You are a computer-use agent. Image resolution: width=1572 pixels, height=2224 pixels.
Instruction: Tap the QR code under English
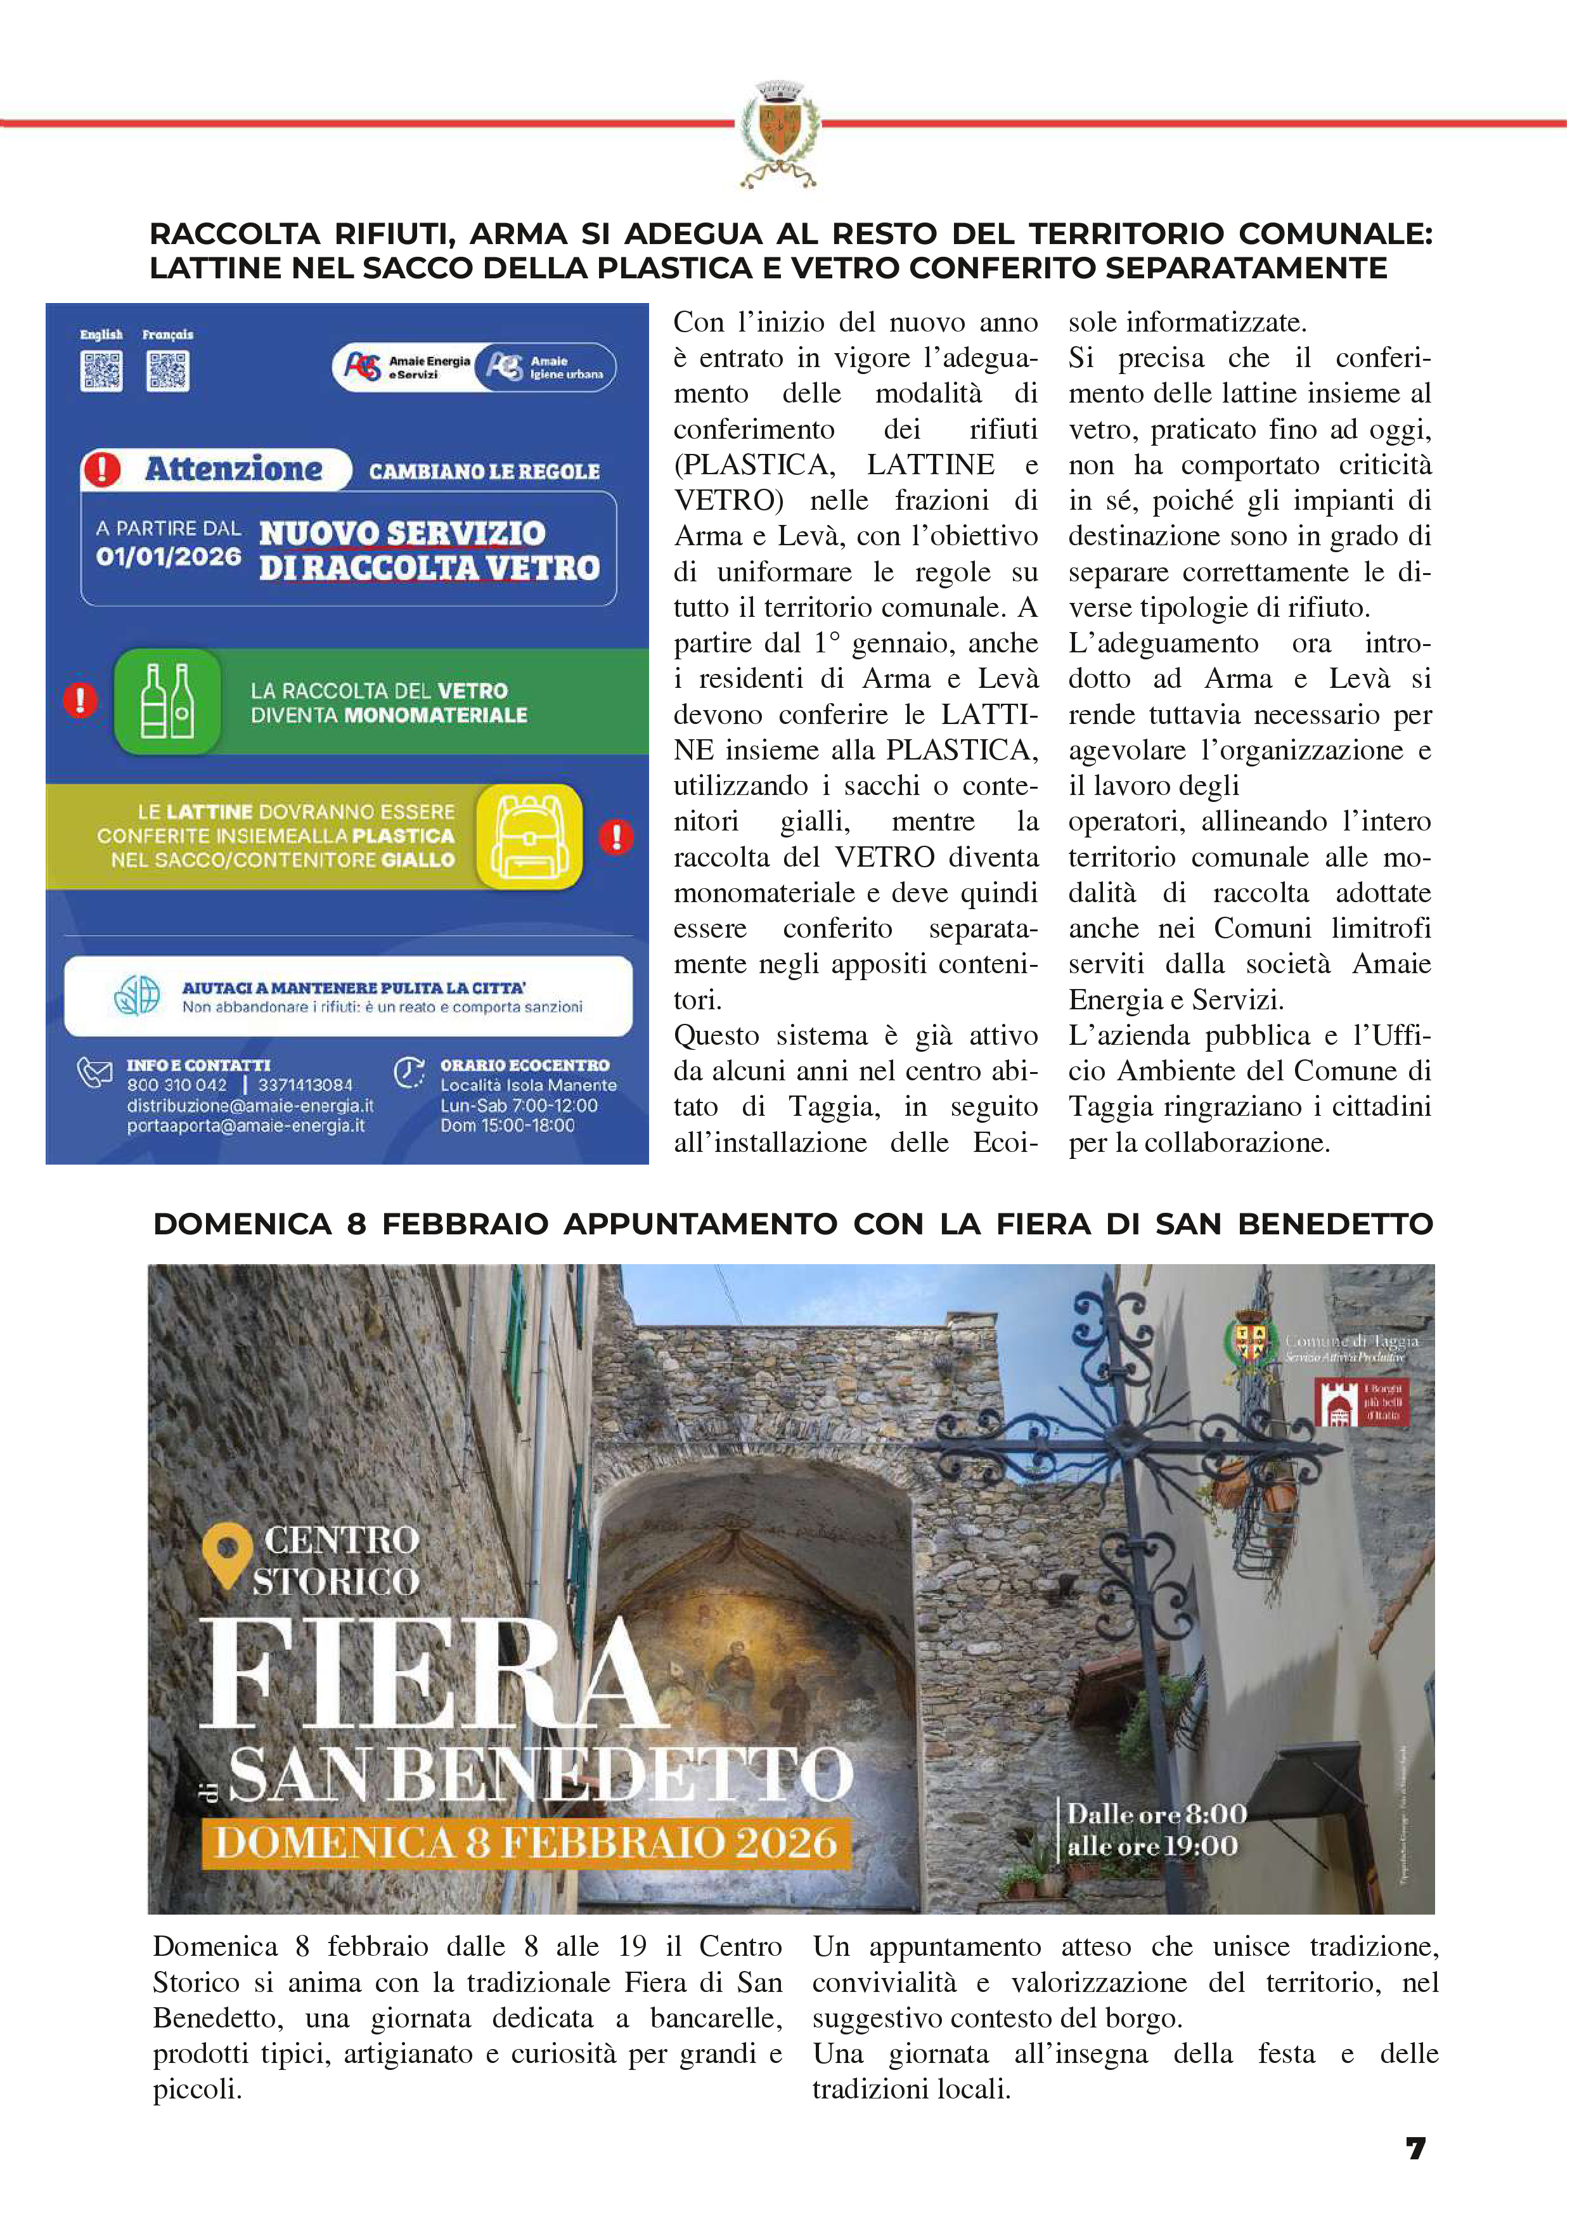click(101, 371)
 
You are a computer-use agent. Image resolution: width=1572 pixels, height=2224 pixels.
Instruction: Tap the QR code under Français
click(167, 371)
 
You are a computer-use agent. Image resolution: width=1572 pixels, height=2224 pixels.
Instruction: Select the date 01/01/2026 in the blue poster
click(169, 557)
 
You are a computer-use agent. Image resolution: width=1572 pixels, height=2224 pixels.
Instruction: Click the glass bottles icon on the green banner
click(167, 701)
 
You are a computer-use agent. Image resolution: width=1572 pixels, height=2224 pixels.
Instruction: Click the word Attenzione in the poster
click(233, 470)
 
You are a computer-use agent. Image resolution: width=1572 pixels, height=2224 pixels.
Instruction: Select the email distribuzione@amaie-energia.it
click(250, 1105)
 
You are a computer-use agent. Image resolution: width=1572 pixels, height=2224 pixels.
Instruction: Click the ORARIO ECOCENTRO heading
click(524, 1064)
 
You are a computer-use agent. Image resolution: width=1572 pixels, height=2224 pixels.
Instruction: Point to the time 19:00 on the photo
click(1201, 1846)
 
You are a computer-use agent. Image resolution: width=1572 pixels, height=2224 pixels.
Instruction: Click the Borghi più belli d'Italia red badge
click(1362, 1402)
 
